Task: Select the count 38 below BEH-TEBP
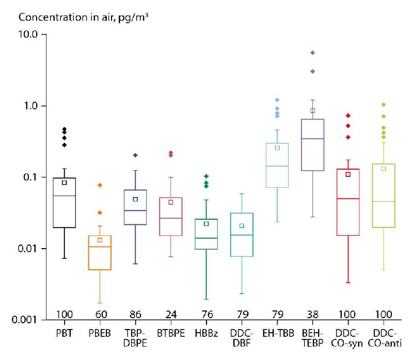point(313,315)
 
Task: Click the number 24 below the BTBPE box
point(171,315)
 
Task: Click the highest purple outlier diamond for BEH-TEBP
point(313,53)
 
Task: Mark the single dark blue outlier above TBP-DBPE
point(135,155)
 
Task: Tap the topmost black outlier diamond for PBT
point(65,129)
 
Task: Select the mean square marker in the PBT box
point(65,183)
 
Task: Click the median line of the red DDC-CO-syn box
point(348,199)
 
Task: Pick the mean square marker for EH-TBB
point(277,148)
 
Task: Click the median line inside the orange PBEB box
point(100,247)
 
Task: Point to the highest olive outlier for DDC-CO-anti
point(384,105)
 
